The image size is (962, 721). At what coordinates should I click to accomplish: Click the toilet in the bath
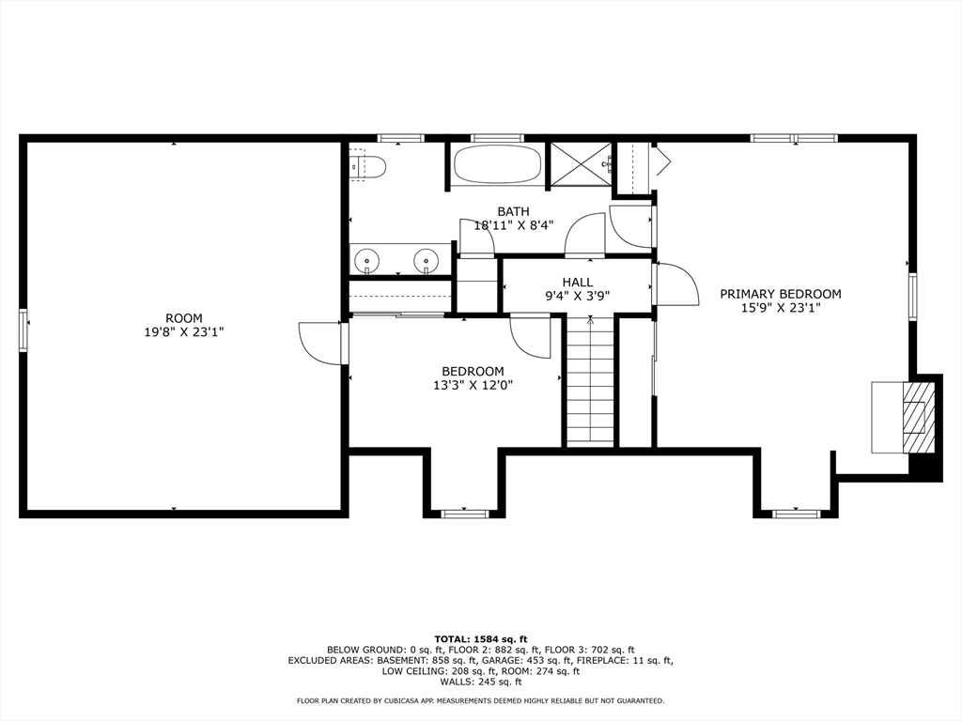tap(367, 165)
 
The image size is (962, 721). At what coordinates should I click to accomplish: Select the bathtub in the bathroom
tap(497, 163)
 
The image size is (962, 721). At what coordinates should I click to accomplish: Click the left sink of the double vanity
tap(367, 259)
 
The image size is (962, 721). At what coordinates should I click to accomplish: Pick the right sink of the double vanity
tap(425, 259)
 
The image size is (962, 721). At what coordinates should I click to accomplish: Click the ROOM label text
tap(184, 318)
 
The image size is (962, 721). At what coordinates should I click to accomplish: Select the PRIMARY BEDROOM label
tap(781, 294)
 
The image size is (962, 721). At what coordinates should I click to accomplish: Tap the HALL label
tap(578, 282)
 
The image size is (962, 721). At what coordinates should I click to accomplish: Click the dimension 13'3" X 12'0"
tap(473, 385)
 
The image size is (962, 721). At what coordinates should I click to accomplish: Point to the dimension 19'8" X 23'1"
tap(184, 332)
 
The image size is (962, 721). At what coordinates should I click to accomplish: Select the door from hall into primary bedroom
tap(676, 284)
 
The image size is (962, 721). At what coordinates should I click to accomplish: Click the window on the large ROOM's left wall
tap(23, 331)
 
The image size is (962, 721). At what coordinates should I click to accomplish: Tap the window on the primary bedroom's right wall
tap(913, 297)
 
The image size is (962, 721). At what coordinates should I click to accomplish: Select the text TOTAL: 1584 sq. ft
tap(481, 638)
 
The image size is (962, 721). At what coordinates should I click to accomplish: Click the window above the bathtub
tap(498, 138)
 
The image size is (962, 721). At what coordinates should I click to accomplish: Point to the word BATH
tap(514, 212)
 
